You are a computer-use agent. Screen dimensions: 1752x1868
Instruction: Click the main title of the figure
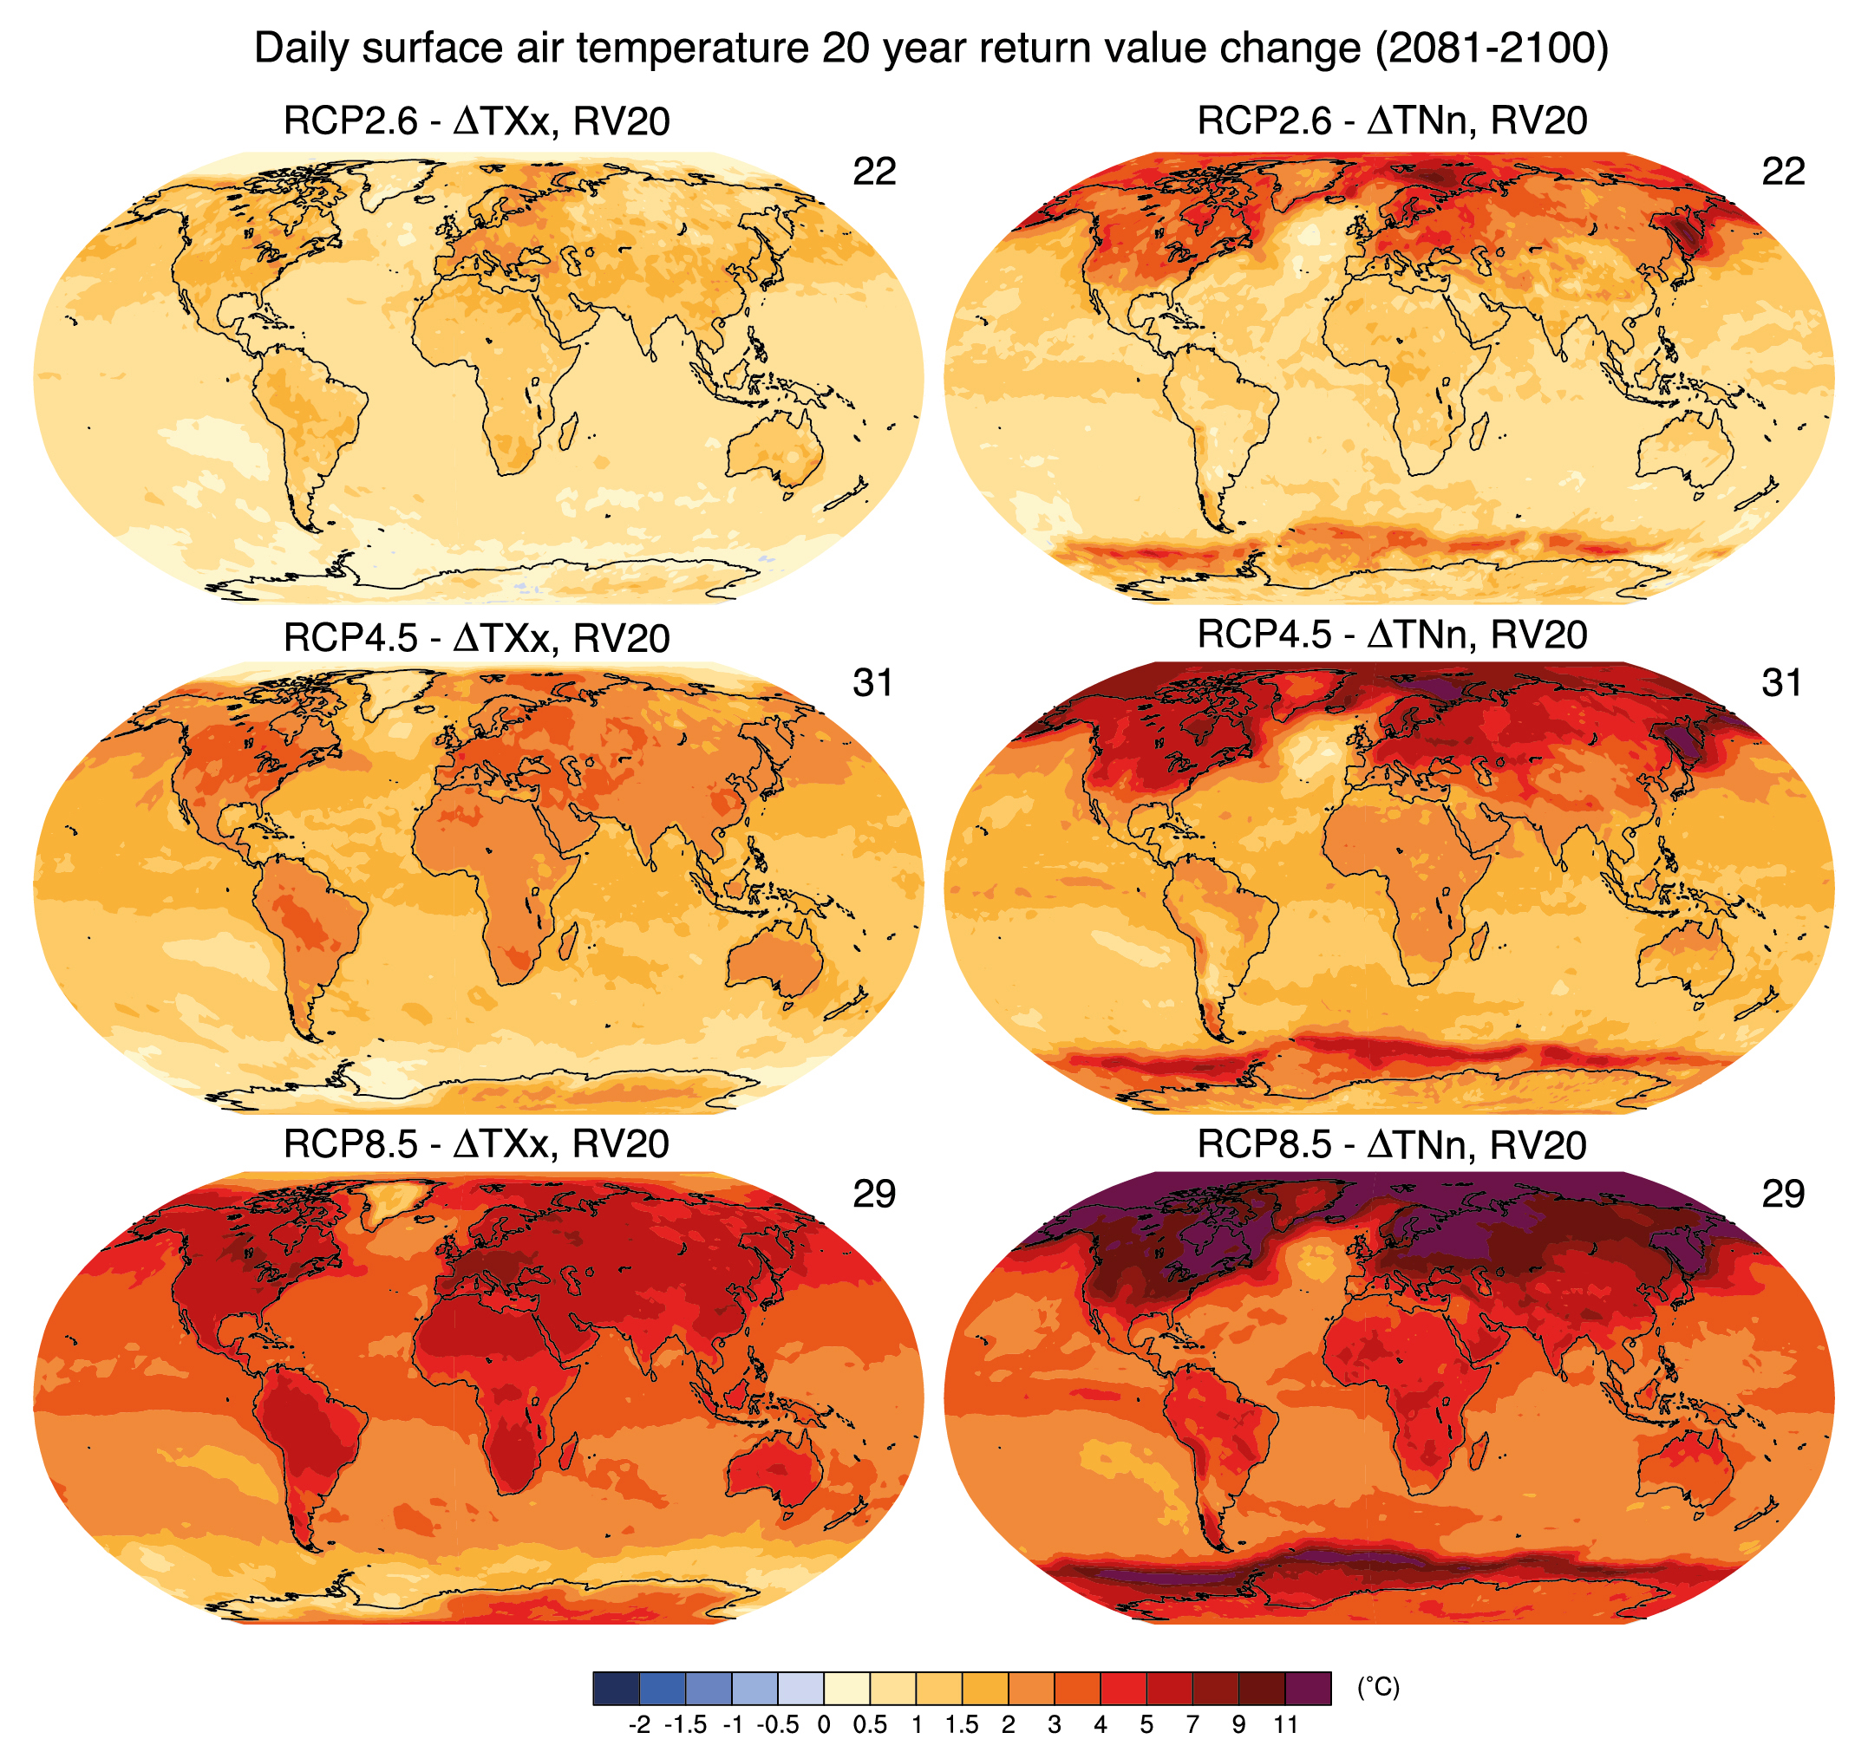(931, 49)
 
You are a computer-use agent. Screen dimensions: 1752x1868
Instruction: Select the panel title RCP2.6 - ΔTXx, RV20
(476, 122)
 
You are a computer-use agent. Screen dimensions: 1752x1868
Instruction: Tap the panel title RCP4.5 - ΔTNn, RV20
(1392, 635)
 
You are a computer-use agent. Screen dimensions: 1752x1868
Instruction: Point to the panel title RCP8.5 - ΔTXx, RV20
(476, 1144)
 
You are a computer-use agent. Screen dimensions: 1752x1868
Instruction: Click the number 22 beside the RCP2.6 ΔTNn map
(1782, 172)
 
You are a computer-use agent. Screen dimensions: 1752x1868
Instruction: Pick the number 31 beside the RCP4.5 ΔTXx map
(873, 683)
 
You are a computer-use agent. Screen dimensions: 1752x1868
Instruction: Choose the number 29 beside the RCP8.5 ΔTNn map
(1782, 1194)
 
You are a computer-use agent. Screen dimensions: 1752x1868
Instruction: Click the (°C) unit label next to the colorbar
(1378, 1687)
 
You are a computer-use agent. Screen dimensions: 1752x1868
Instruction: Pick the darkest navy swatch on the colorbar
(616, 1688)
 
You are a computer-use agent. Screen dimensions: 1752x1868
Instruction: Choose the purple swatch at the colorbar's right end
(1308, 1688)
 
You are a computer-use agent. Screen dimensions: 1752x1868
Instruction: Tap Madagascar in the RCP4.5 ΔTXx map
(570, 942)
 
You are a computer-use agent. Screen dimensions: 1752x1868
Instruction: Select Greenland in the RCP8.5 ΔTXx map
(395, 1202)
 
